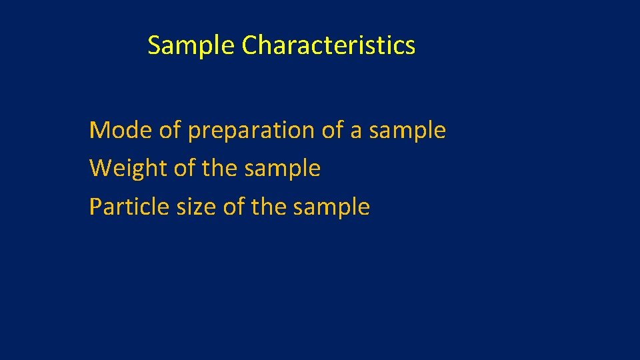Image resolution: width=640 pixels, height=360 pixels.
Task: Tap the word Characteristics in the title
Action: (x=329, y=46)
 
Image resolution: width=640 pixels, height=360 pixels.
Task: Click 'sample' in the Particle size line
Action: (x=331, y=207)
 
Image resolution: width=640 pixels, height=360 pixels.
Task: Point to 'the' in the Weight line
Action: (x=219, y=169)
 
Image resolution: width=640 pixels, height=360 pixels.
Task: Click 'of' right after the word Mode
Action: (x=170, y=130)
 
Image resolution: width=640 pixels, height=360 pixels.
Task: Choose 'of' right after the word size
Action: (x=234, y=207)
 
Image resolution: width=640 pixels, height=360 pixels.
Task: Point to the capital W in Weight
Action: (x=99, y=169)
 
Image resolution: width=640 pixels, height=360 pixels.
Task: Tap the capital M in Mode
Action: (x=99, y=130)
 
